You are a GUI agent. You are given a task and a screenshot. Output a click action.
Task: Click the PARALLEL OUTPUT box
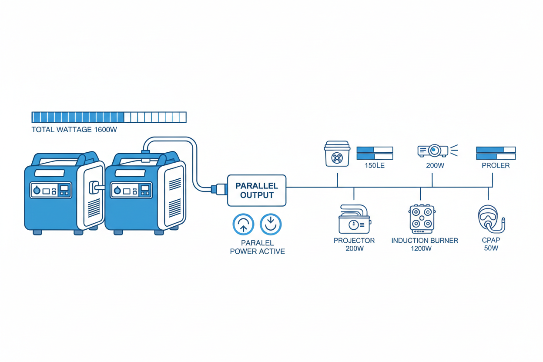tap(257, 191)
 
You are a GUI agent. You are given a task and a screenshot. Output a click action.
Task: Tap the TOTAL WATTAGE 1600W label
tap(74, 130)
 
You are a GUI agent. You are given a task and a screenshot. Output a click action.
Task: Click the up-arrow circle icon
tap(244, 225)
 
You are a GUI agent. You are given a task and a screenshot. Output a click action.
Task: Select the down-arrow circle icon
tap(271, 225)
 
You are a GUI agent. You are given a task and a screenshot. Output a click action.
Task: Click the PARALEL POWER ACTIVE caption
tap(257, 247)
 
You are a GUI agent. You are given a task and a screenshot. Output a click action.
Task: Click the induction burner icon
tap(422, 218)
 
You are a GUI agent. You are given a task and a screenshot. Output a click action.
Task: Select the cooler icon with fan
tap(338, 154)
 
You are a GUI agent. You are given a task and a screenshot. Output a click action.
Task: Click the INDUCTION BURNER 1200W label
tap(425, 245)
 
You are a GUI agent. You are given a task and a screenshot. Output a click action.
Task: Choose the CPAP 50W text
tap(491, 245)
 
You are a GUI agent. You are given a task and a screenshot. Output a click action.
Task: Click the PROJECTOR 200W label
tap(354, 245)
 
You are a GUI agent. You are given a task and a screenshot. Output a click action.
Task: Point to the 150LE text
tap(375, 166)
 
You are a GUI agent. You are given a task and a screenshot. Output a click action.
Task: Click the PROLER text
tap(496, 166)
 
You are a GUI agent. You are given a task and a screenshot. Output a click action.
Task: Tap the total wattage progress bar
tap(109, 117)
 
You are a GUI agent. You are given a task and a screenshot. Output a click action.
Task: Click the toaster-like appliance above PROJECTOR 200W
tap(354, 220)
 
